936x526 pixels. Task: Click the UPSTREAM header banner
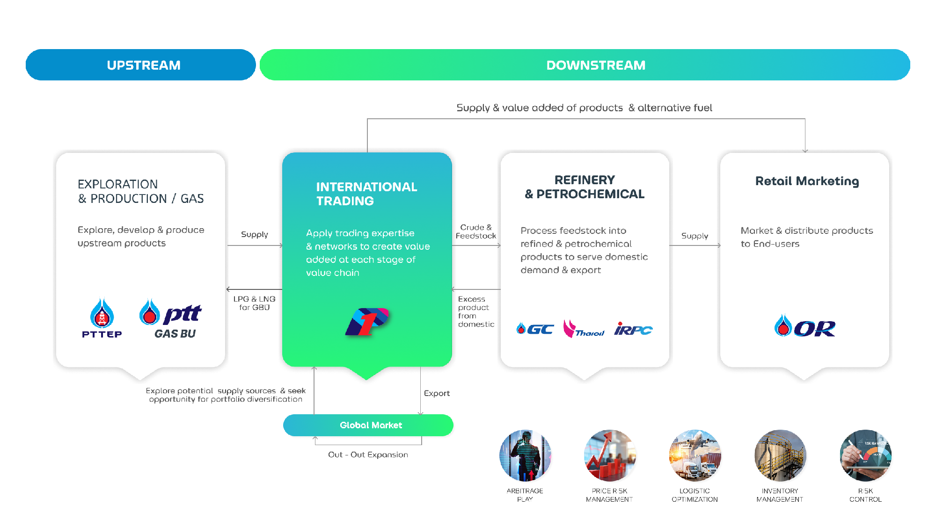tap(140, 65)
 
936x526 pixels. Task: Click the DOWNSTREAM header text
tap(595, 65)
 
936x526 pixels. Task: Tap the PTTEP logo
tap(102, 318)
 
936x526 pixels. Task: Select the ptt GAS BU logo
tap(171, 318)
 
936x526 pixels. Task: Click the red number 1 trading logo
tap(367, 322)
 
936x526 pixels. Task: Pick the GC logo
tap(535, 329)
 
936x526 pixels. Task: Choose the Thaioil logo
tap(584, 329)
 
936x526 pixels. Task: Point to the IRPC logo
tap(633, 329)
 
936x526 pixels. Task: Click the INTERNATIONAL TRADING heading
tap(366, 194)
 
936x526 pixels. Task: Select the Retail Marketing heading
tap(807, 181)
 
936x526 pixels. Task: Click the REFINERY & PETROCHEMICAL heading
tap(585, 187)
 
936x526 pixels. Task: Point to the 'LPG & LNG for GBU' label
tap(254, 303)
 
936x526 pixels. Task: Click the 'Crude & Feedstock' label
tap(475, 231)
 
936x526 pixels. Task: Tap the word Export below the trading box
tap(437, 393)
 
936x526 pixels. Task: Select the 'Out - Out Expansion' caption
tap(368, 454)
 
